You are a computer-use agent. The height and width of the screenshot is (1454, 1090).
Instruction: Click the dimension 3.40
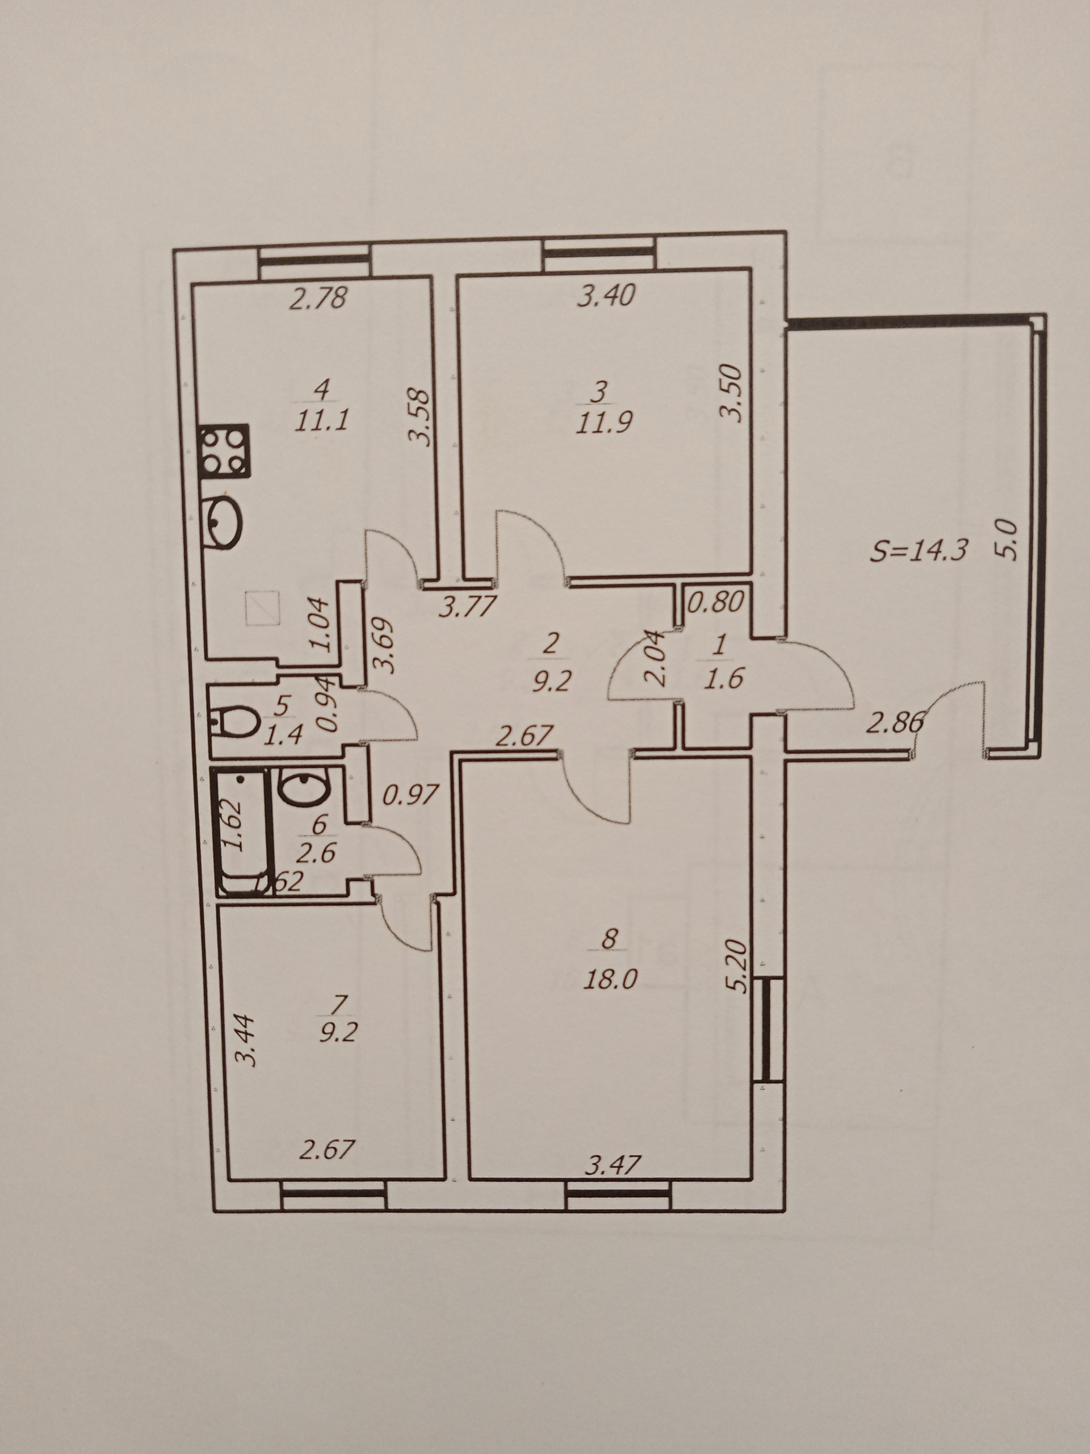(606, 295)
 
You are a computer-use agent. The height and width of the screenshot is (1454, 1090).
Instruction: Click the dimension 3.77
(467, 607)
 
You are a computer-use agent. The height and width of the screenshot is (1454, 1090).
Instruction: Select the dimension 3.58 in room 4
(419, 419)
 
